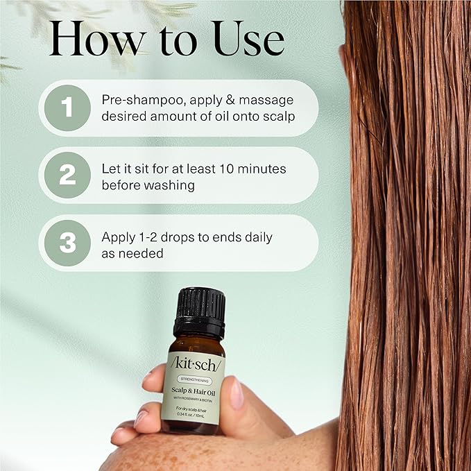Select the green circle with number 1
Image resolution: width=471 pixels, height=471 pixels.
tap(67, 108)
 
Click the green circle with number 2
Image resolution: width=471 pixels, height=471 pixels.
tap(67, 175)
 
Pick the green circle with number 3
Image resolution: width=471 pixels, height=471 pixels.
tap(67, 242)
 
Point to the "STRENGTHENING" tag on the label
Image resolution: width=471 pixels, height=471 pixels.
tap(195, 380)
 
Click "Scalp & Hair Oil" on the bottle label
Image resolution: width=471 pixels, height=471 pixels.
tap(195, 391)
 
